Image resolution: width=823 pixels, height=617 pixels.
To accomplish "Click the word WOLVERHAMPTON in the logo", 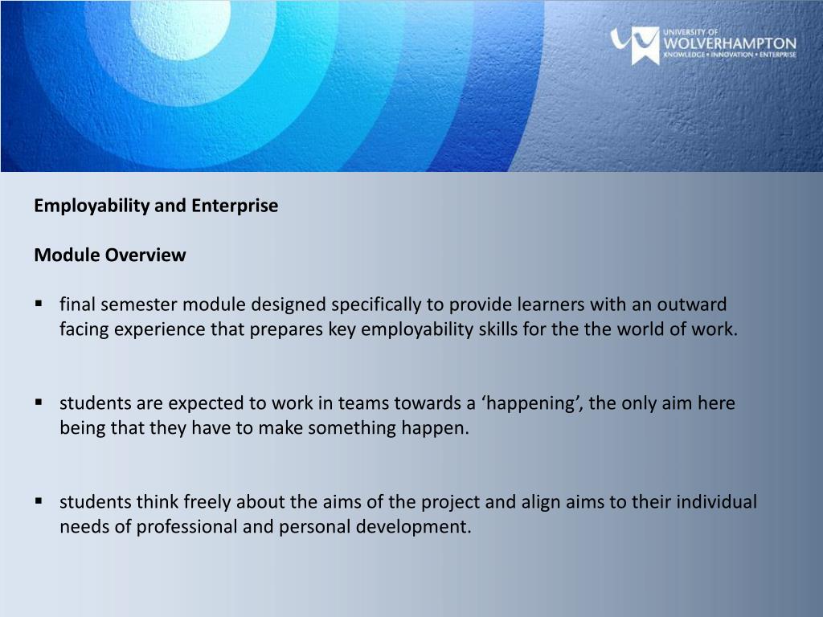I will click(730, 43).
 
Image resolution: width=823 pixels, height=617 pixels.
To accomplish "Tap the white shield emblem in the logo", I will click(644, 45).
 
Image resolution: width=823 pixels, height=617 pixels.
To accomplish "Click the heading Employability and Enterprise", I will click(156, 206).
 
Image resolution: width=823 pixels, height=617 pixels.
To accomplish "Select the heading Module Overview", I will click(109, 255).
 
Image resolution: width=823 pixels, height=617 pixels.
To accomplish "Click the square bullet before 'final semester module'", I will click(39, 304).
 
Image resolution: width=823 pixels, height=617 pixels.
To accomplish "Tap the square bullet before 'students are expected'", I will click(39, 402).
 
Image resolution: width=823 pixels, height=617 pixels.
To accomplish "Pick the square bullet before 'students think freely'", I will click(39, 501).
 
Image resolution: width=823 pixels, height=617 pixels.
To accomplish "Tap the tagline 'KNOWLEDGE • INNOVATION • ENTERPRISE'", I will click(730, 55).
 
